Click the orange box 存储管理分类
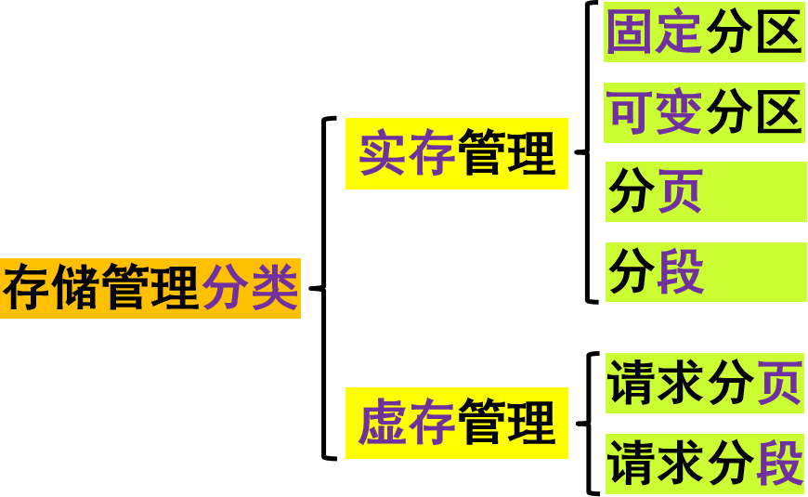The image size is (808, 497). [150, 289]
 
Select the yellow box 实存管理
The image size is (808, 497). [456, 154]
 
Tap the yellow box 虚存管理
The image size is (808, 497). [456, 423]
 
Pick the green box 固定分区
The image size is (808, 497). [704, 33]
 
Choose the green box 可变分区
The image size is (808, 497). [704, 113]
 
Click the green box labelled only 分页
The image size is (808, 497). [706, 192]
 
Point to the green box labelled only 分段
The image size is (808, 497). [706, 272]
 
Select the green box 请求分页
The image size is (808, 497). [704, 383]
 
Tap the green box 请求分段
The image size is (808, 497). [704, 464]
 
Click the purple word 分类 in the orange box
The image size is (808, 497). [250, 289]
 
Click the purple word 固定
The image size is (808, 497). [655, 33]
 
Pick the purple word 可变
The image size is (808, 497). [655, 113]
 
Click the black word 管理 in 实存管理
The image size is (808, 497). [506, 154]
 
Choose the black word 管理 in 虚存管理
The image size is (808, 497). [506, 423]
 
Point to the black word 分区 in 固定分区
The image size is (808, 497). [753, 33]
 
